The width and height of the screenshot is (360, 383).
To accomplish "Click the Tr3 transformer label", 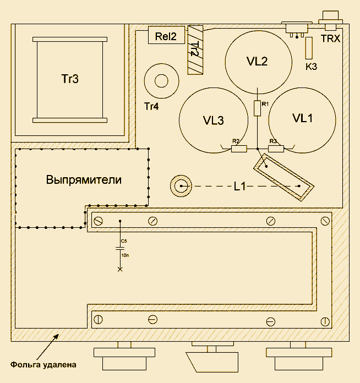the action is point(70,79).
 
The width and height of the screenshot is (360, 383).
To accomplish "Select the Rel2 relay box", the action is point(166,35).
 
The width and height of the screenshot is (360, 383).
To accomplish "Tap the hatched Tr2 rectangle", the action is point(195,50).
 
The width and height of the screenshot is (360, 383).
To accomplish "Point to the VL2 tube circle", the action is point(258,31).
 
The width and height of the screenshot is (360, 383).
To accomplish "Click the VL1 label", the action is point(303,118).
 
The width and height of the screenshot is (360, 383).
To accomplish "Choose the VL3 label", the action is point(214,121).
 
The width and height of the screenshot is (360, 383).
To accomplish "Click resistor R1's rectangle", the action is point(257,108).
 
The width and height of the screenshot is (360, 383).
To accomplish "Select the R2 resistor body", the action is point(239,149).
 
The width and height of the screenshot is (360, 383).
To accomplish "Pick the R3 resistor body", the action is point(276,149).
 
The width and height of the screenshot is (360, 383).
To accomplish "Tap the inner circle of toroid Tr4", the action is point(161,75).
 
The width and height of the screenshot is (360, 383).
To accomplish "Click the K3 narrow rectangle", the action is point(309,48).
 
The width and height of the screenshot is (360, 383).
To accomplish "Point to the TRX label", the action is point(330,39).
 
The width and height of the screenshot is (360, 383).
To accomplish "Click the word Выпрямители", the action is point(84,180).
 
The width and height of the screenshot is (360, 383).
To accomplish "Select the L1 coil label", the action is point(239,187).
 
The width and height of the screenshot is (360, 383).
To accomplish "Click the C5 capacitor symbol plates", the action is point(120,248).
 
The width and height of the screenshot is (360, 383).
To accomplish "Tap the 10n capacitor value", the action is point(125,255).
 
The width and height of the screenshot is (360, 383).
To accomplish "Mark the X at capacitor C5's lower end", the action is point(120,269).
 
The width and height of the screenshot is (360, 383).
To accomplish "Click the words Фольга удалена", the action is point(43,365).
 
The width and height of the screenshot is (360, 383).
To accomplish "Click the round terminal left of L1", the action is point(181,186).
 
